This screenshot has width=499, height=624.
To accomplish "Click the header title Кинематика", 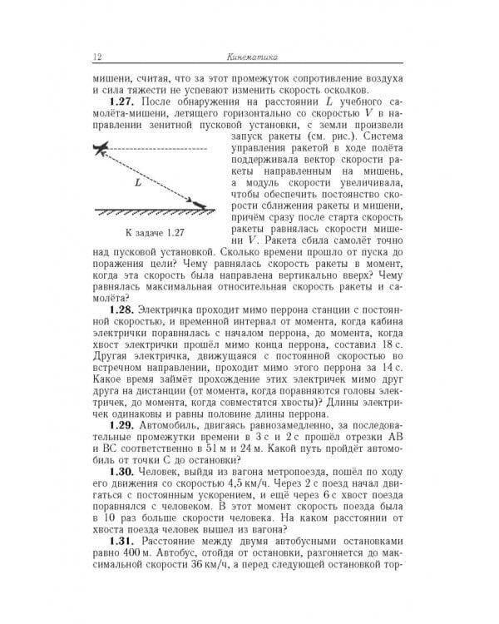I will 253,57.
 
